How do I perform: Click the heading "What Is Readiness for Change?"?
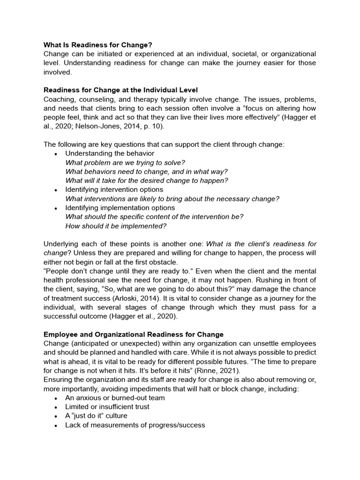coord(98,45)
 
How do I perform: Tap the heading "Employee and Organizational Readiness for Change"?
coord(134,334)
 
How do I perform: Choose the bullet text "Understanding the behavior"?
coord(110,153)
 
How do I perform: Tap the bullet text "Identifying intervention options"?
coord(114,189)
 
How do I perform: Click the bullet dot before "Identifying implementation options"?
coord(56,208)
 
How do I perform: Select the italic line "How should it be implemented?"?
coord(116,225)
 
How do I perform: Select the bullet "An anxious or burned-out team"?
coord(115,398)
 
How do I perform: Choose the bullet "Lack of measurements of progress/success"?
coord(135,425)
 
